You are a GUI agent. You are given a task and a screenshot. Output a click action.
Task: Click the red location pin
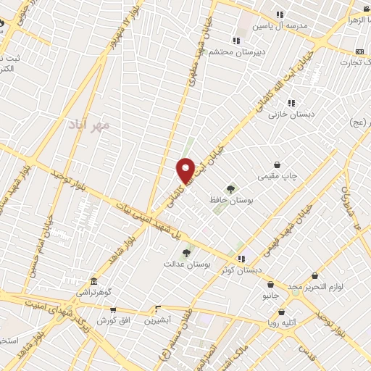(185, 169)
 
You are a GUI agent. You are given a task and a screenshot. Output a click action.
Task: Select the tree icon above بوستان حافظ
(230, 189)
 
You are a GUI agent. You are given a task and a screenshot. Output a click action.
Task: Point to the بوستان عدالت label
(207, 264)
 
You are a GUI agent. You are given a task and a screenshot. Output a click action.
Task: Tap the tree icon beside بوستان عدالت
(186, 253)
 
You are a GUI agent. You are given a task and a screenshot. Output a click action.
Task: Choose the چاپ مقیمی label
(276, 175)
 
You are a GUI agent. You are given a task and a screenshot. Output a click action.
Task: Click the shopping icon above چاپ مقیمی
(277, 164)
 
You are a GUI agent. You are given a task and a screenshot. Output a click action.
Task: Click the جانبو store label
(270, 295)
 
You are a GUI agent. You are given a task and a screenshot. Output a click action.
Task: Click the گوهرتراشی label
(94, 293)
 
